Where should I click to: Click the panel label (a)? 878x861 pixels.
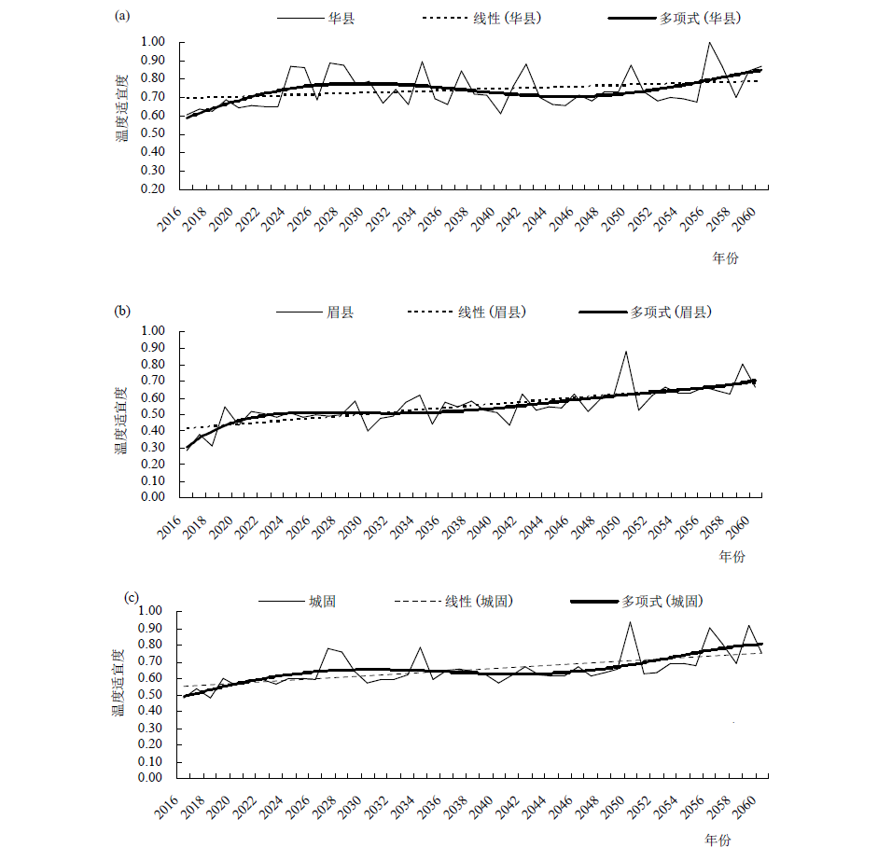pos(122,16)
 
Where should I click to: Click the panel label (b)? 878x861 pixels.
pos(122,311)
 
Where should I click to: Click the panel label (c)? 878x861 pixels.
pos(131,597)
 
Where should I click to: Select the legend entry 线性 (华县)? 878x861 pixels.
pos(482,18)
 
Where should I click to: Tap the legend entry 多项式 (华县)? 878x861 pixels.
pos(675,18)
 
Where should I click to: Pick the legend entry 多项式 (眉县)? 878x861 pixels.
pos(645,312)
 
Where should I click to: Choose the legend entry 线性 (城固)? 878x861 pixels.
pos(454,602)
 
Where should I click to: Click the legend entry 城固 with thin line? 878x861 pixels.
pos(298,602)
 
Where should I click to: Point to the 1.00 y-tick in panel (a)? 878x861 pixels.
pos(153,41)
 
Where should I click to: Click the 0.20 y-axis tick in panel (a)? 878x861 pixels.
pos(153,188)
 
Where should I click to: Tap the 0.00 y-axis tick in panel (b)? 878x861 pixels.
pos(153,496)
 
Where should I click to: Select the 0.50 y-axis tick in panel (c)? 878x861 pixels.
pos(150,694)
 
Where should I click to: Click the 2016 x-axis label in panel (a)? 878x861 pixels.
pos(169,218)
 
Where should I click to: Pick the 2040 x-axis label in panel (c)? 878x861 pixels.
pos(481,808)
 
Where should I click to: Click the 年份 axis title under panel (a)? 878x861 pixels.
pos(725,258)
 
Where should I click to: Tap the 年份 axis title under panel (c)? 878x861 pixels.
pos(718,840)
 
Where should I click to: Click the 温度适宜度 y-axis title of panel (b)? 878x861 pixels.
pos(121,421)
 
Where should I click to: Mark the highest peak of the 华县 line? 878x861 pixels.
pos(709,42)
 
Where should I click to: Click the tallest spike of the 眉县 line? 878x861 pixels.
pos(626,352)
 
